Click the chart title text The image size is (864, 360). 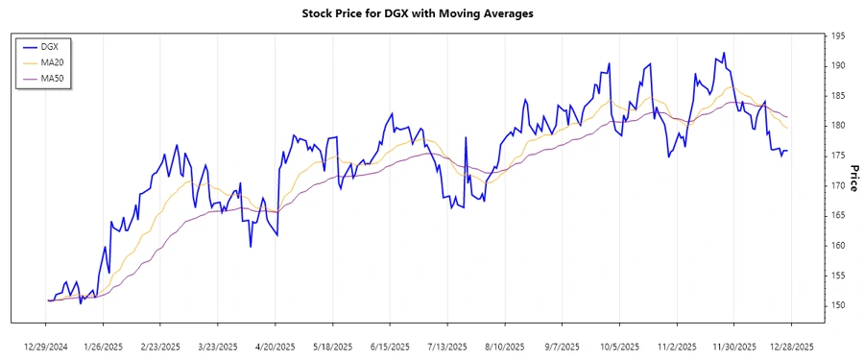[x=431, y=14]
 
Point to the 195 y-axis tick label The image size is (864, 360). [x=838, y=36]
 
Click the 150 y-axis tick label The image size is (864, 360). [x=838, y=305]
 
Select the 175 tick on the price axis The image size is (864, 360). [x=838, y=156]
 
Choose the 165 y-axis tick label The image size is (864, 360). [x=838, y=215]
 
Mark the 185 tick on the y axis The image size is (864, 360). [x=838, y=96]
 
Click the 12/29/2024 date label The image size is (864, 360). [x=47, y=346]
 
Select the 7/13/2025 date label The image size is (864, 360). [x=446, y=346]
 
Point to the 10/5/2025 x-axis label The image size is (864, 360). [x=619, y=346]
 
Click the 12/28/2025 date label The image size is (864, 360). [x=791, y=346]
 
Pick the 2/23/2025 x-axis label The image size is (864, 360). [x=161, y=346]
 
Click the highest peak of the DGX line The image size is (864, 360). [x=723, y=53]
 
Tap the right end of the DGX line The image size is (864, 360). [x=787, y=150]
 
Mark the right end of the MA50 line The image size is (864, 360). [x=787, y=117]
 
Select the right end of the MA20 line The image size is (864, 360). [x=787, y=128]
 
